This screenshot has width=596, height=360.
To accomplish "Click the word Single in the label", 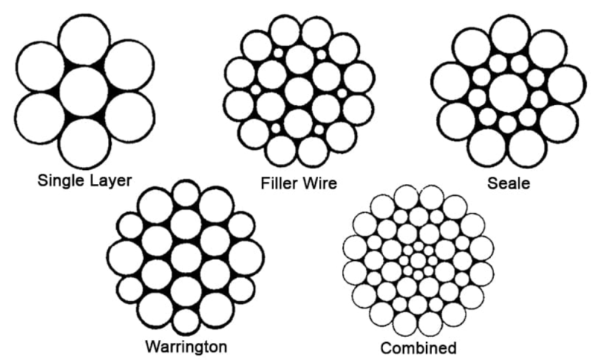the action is [x=62, y=180].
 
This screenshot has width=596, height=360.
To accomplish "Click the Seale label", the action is [x=509, y=183].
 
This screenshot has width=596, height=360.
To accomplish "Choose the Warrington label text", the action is [x=186, y=347].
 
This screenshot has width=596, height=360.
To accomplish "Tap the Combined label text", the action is [x=419, y=348].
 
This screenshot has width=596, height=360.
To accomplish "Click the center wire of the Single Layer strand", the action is [x=84, y=92].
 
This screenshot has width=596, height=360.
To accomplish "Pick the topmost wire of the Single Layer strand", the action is [x=85, y=41].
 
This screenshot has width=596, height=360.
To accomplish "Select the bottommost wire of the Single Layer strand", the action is [x=84, y=143].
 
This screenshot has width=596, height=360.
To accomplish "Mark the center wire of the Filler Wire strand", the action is [x=299, y=92].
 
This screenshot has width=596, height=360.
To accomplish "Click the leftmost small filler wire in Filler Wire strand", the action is [x=256, y=89].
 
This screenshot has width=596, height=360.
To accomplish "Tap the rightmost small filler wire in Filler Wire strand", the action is [x=342, y=92].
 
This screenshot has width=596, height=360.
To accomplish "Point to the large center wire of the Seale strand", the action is [x=509, y=93].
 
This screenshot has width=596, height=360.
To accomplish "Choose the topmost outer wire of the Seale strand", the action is [x=510, y=35].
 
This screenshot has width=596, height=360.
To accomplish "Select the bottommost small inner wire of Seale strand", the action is [x=507, y=124].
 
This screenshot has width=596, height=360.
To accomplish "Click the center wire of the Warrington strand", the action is [x=186, y=258].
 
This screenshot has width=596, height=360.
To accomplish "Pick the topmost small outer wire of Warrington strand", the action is [x=186, y=194].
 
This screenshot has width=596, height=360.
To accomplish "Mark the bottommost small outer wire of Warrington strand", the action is [x=186, y=321].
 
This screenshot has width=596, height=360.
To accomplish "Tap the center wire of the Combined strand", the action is [x=418, y=261].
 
